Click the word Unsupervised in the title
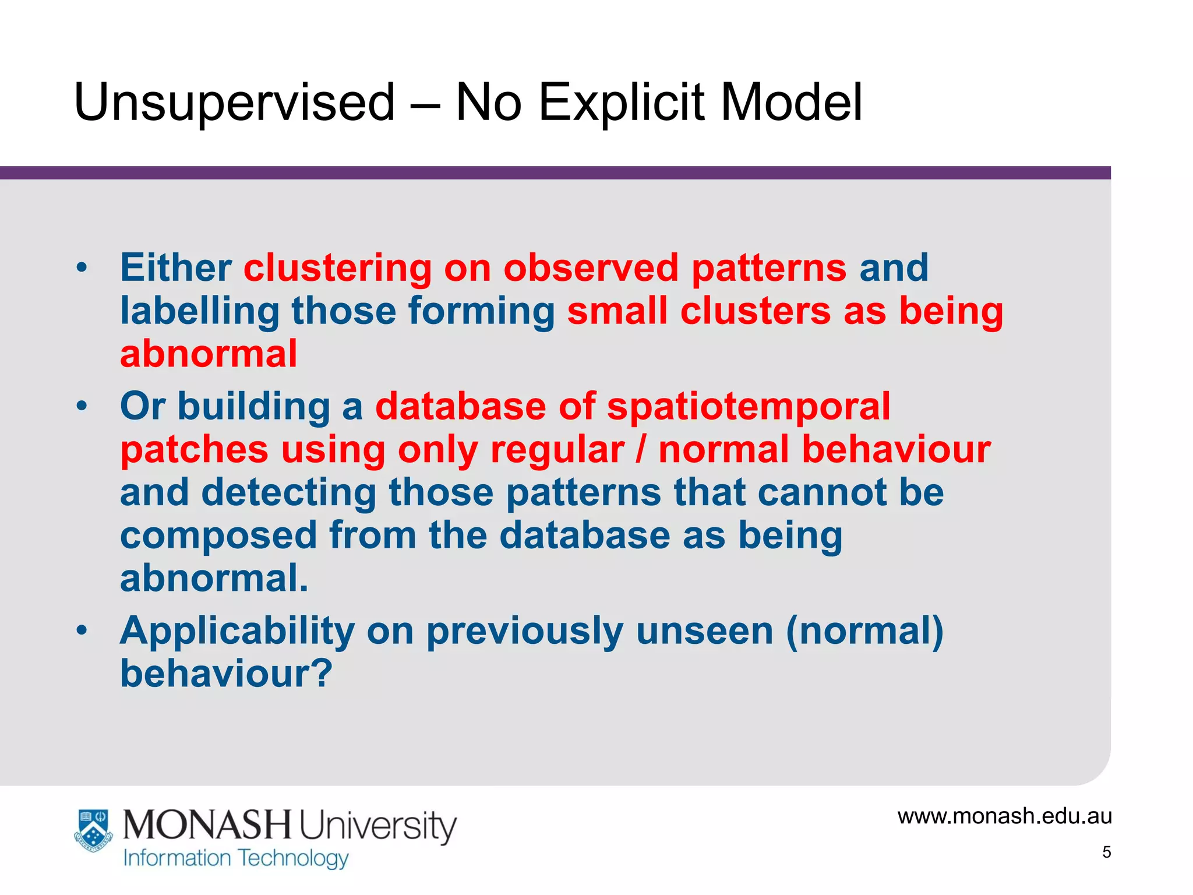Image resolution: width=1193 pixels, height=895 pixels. [235, 103]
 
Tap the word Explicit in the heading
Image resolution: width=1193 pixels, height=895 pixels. [622, 103]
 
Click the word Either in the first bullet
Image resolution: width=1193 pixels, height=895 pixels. [176, 268]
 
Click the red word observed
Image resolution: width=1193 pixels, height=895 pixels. [591, 268]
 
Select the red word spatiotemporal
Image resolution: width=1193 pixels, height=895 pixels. [749, 406]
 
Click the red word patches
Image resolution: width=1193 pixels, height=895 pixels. [194, 450]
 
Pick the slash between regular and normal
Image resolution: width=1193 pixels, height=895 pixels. [641, 450]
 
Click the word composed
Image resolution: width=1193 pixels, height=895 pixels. [218, 535]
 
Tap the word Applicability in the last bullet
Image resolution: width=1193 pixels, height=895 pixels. [237, 631]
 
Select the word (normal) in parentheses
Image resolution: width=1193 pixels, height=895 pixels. [864, 631]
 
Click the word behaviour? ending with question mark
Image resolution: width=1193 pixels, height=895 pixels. [226, 674]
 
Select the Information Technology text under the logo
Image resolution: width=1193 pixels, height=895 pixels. [236, 858]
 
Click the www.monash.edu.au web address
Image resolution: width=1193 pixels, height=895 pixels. [1004, 816]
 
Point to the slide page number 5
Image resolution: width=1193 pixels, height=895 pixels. [1106, 852]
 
